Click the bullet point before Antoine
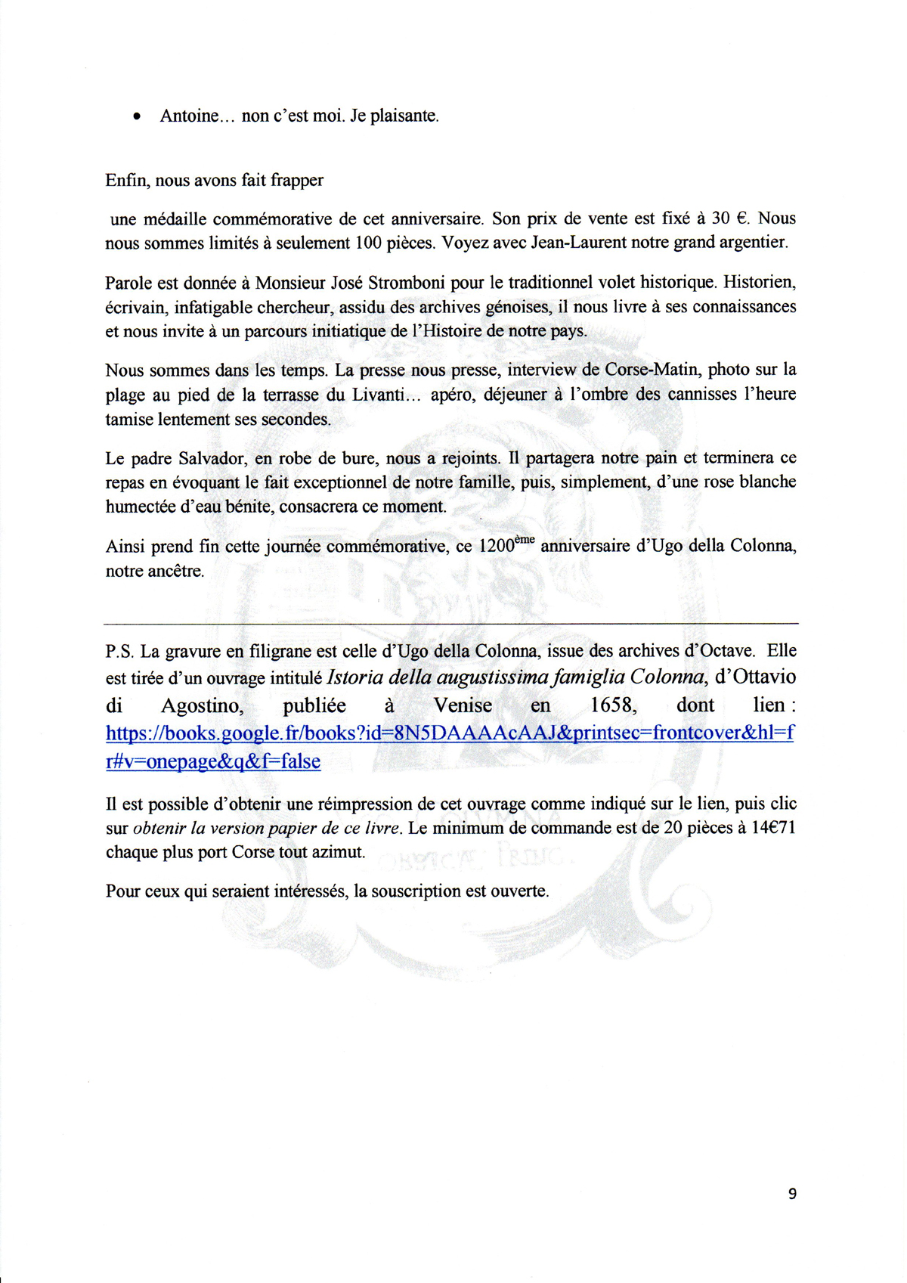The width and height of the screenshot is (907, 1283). tap(137, 117)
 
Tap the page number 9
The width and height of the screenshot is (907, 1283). tap(791, 1193)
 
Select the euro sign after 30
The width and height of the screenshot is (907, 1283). tap(741, 218)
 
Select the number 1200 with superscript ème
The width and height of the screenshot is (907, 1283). tap(506, 545)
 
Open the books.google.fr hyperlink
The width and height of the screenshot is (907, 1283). tap(449, 733)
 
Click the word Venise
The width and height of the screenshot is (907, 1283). tap(463, 705)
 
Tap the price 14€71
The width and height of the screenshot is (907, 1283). tap(773, 828)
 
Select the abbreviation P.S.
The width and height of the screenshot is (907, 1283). tap(120, 651)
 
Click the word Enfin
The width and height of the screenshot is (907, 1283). tap(125, 180)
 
